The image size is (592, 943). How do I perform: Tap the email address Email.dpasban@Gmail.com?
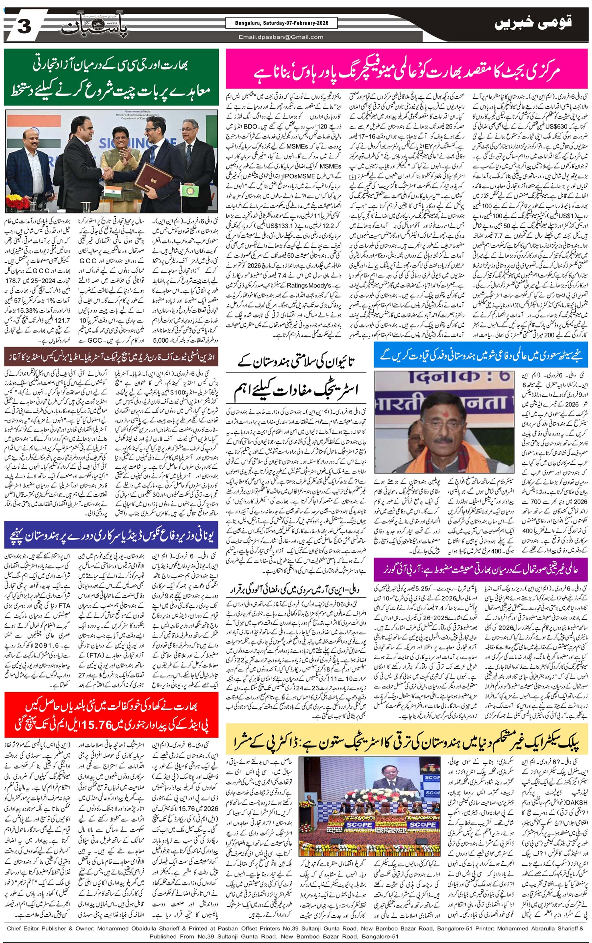tap(281, 37)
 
